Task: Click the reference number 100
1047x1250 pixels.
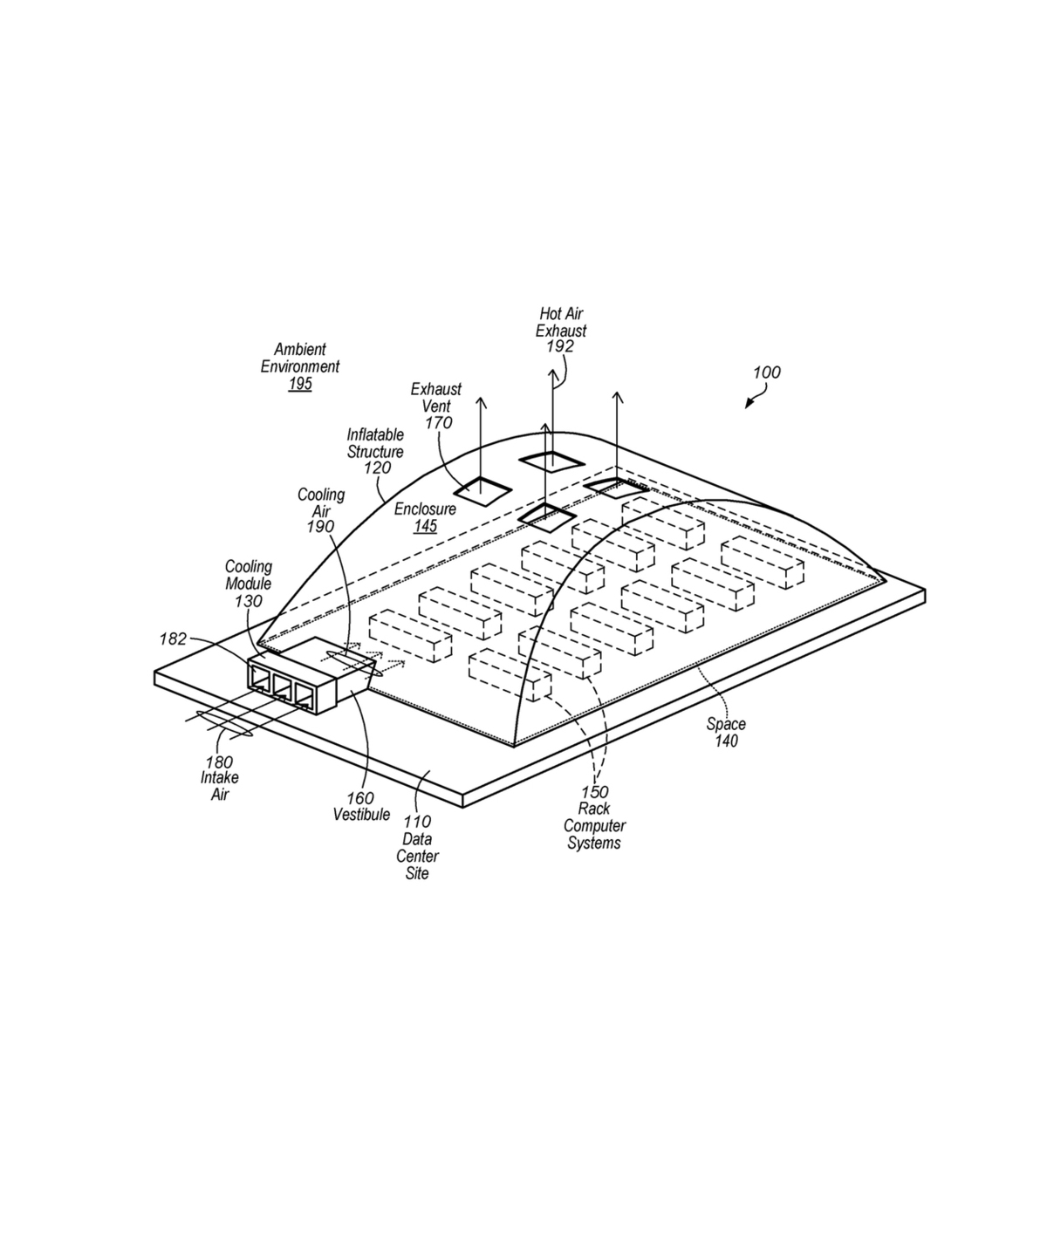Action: (x=766, y=372)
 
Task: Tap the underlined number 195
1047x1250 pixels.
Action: (x=300, y=384)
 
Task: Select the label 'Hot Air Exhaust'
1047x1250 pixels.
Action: (x=561, y=322)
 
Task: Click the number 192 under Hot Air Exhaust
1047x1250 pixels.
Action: (x=560, y=346)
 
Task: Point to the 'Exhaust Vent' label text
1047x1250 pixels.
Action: (x=436, y=398)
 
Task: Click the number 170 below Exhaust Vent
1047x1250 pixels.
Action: (x=438, y=423)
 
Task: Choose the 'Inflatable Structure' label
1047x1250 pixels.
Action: (x=375, y=443)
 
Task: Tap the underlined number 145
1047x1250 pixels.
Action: (x=425, y=526)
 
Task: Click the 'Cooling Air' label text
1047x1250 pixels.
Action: (x=321, y=502)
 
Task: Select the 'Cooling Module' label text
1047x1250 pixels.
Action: (x=249, y=575)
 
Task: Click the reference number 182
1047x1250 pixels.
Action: (x=173, y=639)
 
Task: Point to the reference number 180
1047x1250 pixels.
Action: (x=219, y=762)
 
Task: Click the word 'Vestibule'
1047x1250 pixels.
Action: (x=361, y=815)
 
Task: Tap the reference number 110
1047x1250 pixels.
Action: (x=417, y=822)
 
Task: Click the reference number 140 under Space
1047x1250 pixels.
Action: (x=726, y=741)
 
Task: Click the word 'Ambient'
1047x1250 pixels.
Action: (x=300, y=350)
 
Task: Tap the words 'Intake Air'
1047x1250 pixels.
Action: (x=219, y=786)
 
